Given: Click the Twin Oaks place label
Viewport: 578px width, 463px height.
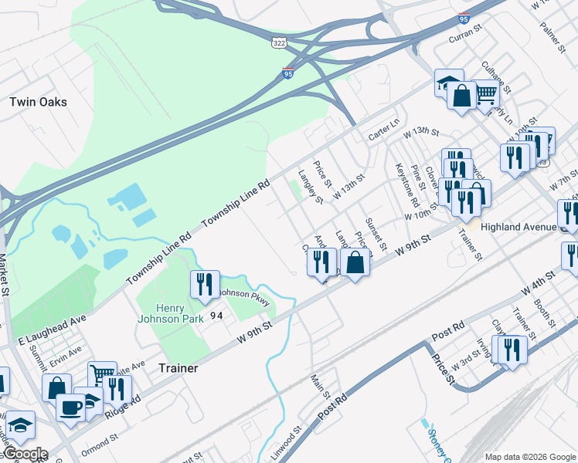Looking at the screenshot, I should (38, 102).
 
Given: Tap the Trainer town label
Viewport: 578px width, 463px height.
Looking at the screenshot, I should (178, 368).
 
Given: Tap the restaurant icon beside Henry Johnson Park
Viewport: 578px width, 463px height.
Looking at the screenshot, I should (205, 285).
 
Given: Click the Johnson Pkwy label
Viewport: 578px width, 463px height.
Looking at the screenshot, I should (244, 296).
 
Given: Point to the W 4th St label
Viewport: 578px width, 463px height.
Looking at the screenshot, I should (539, 282).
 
